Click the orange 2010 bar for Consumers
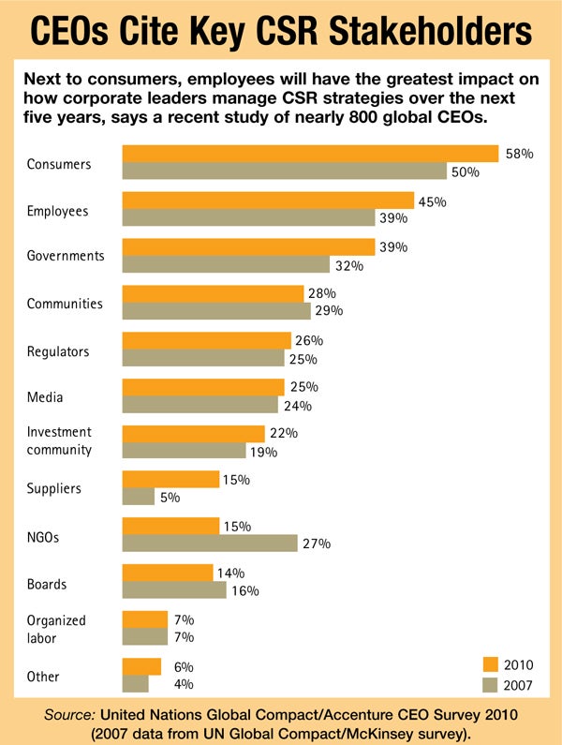(310, 154)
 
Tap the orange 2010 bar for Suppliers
(170, 479)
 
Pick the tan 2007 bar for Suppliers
(139, 497)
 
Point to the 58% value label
(519, 154)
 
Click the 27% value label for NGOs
(317, 544)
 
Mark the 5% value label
(170, 498)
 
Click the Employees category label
(57, 211)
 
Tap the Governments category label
(66, 256)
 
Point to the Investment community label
(59, 440)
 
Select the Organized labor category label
(56, 629)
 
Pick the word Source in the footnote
(72, 715)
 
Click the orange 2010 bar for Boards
(168, 572)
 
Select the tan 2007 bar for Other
(136, 684)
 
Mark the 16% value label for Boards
(245, 590)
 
